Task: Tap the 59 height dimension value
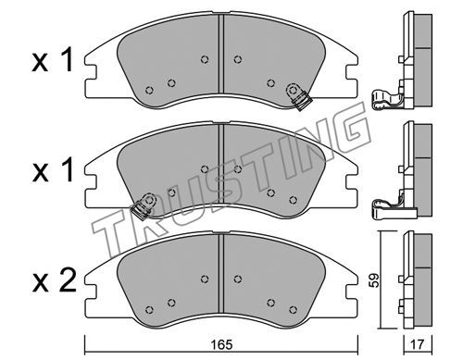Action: click(374, 280)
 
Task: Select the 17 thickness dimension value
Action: click(418, 344)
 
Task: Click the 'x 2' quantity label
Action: click(54, 281)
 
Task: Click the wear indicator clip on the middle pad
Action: click(144, 206)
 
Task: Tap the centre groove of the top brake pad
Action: click(220, 53)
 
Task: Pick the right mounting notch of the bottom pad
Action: click(352, 292)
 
